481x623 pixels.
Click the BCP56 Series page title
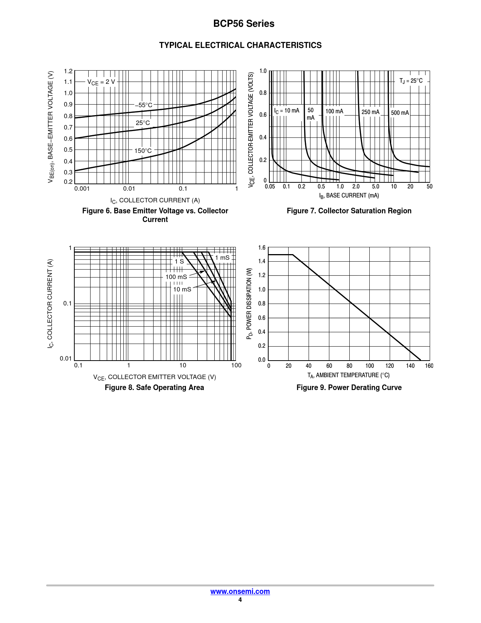coord(244,24)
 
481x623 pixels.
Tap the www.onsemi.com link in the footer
coord(240,591)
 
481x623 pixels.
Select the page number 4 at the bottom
coord(240,600)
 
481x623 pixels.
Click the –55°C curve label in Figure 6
coord(144,105)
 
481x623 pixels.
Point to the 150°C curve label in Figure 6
coord(143,151)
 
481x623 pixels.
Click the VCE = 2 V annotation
coord(101,82)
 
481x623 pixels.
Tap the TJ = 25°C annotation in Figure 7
coord(411,81)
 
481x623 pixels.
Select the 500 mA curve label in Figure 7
coord(400,113)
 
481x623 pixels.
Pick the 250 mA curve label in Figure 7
coord(370,112)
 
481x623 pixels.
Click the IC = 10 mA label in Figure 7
coord(286,111)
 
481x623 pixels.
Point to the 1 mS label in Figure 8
coord(222,258)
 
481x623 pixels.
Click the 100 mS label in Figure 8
coord(176,277)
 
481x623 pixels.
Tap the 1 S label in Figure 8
coord(179,261)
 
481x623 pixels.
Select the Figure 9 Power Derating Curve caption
coord(349,387)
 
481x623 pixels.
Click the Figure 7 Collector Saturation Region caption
coord(349,211)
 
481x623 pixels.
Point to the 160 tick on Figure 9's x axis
coord(429,365)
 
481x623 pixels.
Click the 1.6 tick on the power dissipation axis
coord(262,248)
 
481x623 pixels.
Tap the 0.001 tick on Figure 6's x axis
coord(82,189)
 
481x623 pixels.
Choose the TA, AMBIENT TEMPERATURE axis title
coord(348,375)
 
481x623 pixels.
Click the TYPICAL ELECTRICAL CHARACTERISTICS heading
coord(240,45)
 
